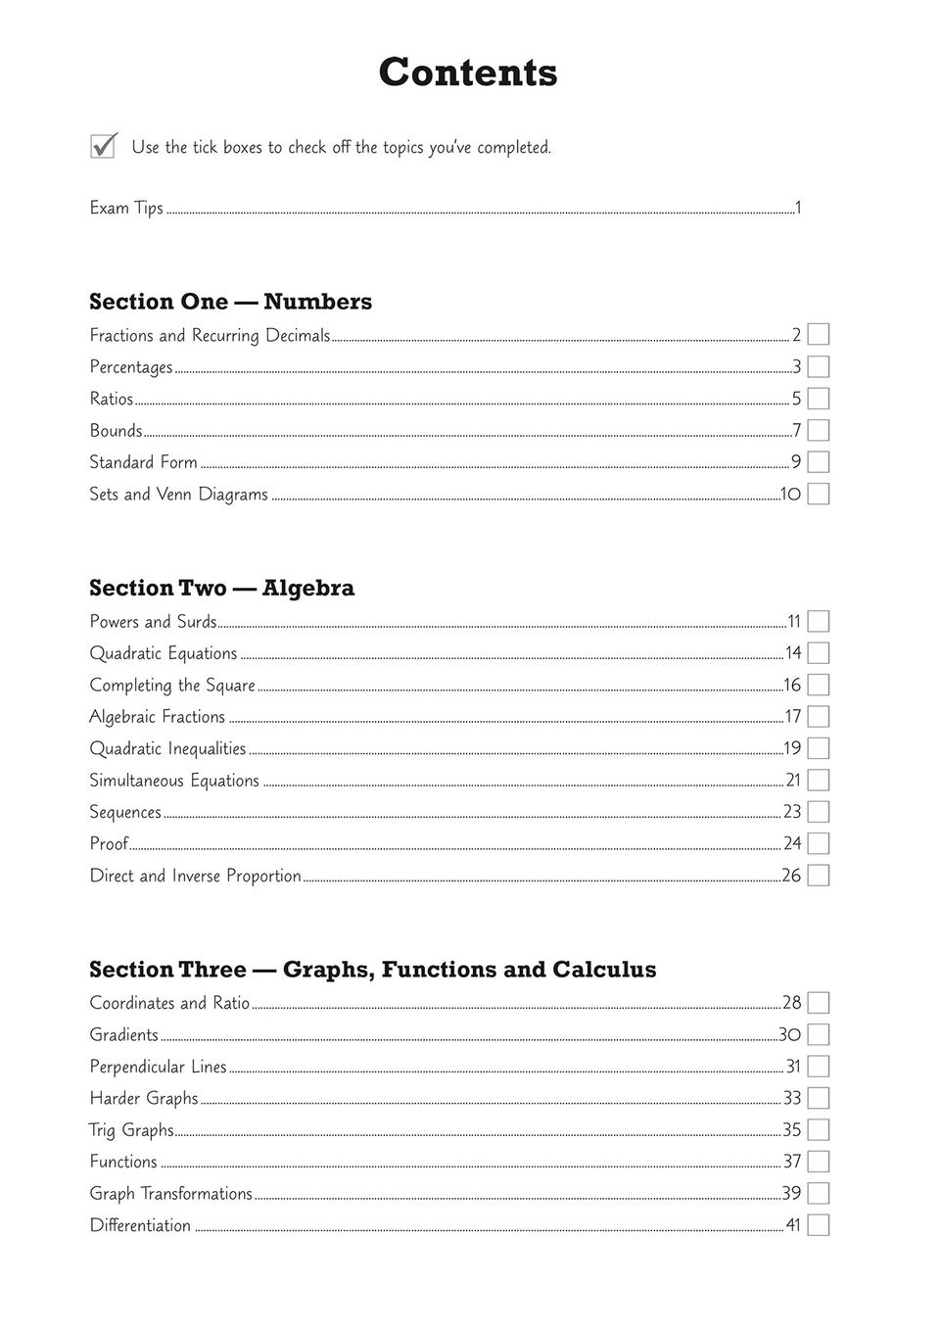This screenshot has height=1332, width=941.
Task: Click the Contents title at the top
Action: pos(468,72)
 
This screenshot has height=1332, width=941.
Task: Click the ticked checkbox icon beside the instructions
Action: pos(103,146)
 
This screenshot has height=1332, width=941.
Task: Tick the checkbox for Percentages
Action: pos(819,367)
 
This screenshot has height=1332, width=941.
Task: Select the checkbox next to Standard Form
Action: pos(819,462)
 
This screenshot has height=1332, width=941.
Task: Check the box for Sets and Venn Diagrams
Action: pos(819,494)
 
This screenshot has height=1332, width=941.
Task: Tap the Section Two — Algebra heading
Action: pos(221,588)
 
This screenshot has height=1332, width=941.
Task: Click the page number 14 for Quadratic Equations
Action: pos(792,653)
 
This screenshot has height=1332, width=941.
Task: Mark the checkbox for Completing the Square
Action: pos(819,685)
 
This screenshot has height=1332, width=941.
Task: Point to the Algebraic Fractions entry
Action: pos(157,717)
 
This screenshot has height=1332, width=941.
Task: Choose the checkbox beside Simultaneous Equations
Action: pos(819,781)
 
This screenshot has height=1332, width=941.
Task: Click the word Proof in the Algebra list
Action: pos(109,843)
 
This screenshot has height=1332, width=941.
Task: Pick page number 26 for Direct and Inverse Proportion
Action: pos(791,876)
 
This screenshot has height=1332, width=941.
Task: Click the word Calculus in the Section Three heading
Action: pos(604,970)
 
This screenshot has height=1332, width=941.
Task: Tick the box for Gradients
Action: pos(819,1035)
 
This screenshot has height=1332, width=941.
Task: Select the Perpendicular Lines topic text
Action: pos(158,1067)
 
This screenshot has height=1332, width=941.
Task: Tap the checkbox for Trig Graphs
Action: pos(819,1130)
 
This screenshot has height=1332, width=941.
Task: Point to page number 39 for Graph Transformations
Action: pos(791,1194)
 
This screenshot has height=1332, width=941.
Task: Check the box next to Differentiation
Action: pos(819,1225)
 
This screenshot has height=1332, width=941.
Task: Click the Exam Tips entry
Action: pos(126,208)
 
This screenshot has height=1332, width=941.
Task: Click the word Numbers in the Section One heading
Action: pos(317,302)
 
